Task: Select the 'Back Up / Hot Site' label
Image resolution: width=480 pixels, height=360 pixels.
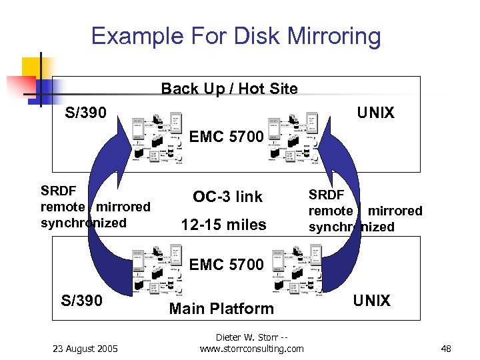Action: [229, 89]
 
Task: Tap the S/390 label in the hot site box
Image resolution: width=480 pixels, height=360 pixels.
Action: [85, 113]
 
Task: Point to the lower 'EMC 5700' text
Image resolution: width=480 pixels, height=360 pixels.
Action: [227, 265]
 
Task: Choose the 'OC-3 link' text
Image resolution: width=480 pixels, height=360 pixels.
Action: [227, 197]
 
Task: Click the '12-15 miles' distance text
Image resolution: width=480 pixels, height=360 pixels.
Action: [224, 225]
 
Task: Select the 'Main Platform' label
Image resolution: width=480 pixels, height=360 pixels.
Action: [221, 308]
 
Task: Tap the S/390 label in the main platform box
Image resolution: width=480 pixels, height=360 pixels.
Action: [82, 301]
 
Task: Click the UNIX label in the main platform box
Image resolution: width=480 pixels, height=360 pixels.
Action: [371, 301]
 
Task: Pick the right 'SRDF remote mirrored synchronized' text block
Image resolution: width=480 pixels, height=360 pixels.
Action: [365, 211]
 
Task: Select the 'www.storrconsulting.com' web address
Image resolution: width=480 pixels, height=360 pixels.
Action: [251, 349]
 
